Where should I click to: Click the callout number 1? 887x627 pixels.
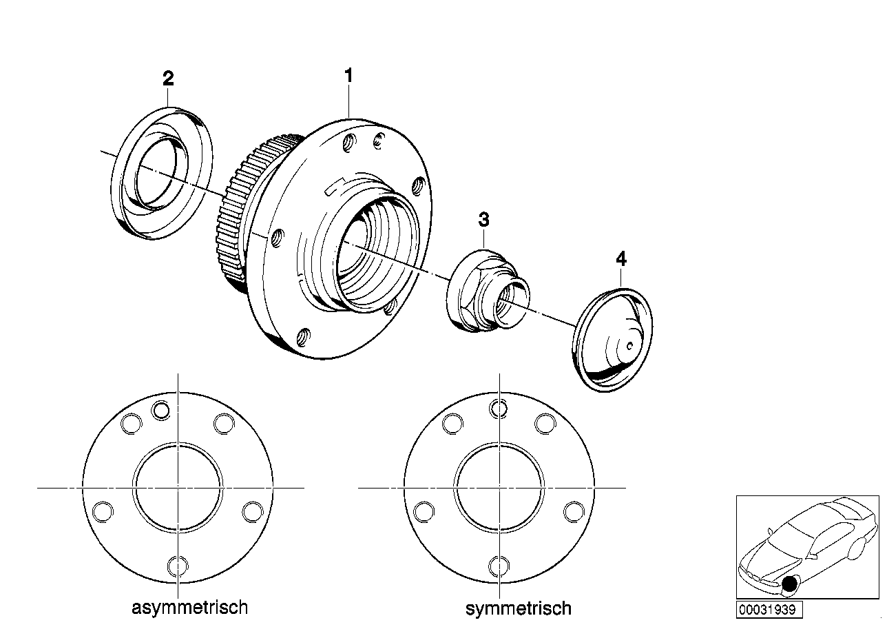coord(349,75)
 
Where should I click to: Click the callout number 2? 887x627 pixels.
coord(168,78)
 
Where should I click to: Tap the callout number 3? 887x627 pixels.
coord(484,220)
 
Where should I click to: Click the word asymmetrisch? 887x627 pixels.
coord(189,608)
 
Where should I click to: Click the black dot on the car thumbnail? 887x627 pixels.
coord(789,585)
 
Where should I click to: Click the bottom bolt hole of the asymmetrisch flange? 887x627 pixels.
coord(178,566)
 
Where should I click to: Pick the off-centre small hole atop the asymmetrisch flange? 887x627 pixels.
coord(161,409)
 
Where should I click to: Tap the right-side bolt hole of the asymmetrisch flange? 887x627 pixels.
coord(253,511)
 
